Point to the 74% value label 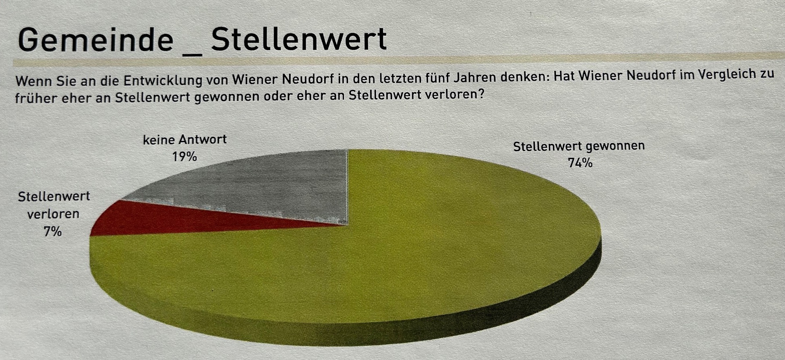point(580,163)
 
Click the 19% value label point(184,156)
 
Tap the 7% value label point(53,232)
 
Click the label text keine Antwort point(185,140)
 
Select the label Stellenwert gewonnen point(579,146)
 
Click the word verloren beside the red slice point(53,214)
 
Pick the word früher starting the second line point(35,98)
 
